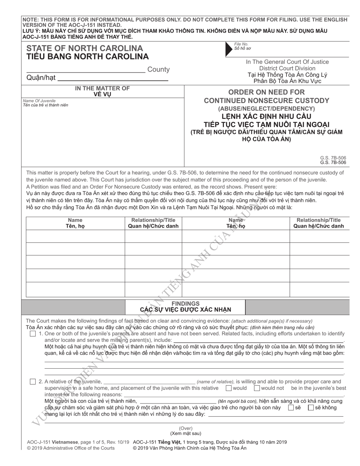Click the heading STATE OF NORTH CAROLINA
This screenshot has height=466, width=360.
[85, 48]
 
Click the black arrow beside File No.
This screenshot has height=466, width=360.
[229, 49]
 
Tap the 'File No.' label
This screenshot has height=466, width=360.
[241, 44]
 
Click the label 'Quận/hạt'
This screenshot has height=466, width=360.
[41, 78]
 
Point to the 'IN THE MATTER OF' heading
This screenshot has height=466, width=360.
[102, 88]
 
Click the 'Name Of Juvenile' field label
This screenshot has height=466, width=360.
[39, 101]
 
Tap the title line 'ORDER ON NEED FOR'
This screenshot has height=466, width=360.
[266, 92]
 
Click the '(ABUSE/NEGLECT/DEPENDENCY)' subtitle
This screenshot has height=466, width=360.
[266, 108]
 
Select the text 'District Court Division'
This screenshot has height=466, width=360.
[287, 68]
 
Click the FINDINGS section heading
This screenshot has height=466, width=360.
[185, 303]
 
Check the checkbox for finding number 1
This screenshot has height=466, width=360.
[33, 334]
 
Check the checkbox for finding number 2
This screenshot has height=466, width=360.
[33, 382]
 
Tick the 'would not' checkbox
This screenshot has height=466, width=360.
[257, 388]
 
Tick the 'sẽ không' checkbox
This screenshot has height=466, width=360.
[311, 408]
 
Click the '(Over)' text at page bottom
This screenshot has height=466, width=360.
[186, 428]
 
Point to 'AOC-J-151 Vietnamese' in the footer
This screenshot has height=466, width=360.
[52, 442]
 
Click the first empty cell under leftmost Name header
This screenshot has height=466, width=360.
[75, 236]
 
